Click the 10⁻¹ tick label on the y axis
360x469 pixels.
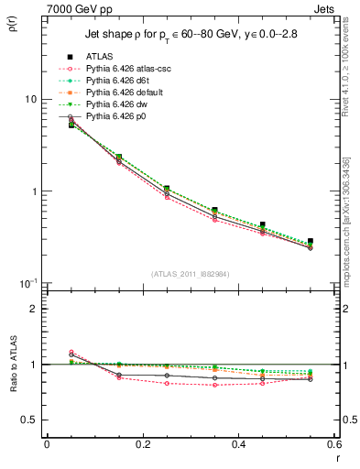pos(27,283)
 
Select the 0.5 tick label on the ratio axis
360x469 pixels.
pos(28,420)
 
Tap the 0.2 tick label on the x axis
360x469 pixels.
pos(142,443)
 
